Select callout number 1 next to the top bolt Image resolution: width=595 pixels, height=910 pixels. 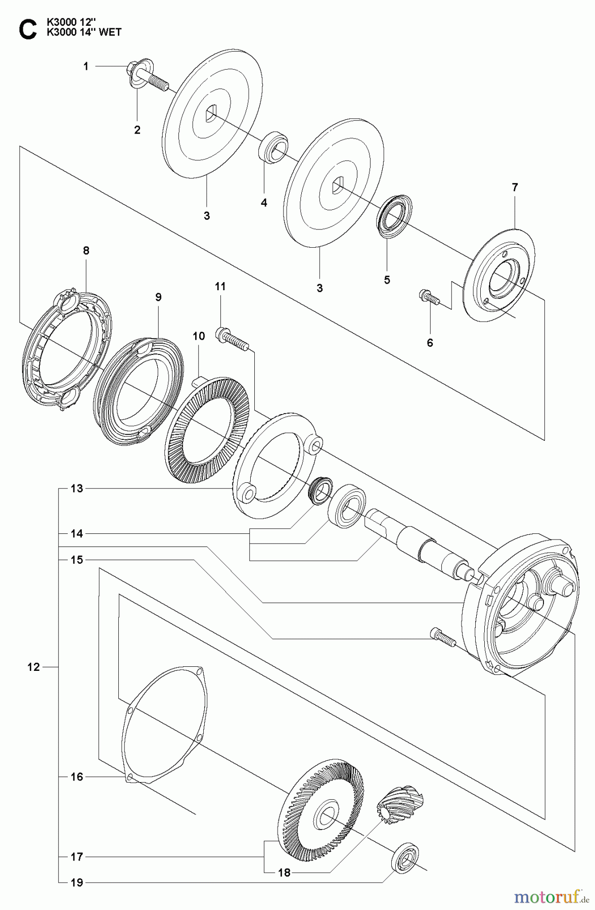click(x=86, y=66)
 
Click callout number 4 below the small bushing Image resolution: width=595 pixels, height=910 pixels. click(x=264, y=203)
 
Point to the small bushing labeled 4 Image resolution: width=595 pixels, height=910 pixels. click(x=272, y=146)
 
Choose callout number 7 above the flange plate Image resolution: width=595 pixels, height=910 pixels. click(x=515, y=187)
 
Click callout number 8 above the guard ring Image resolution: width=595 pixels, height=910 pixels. click(x=86, y=250)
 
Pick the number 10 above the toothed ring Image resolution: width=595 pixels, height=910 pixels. click(x=199, y=336)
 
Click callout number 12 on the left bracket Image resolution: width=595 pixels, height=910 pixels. click(x=33, y=667)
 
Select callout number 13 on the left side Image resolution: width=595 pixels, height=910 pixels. click(x=76, y=488)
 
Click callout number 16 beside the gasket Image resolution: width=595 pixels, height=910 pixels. click(x=76, y=777)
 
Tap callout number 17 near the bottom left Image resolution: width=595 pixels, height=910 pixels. click(x=76, y=857)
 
